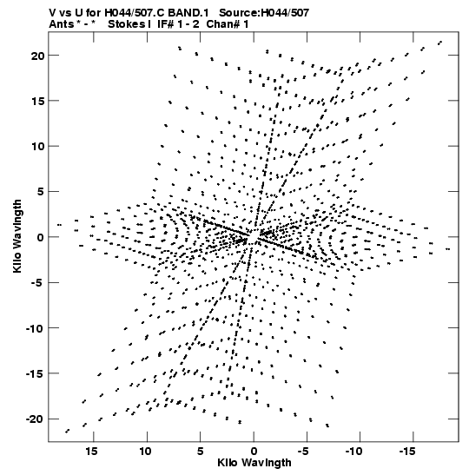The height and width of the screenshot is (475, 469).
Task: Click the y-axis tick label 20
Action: click(x=37, y=56)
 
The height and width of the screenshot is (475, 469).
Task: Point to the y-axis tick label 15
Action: click(x=37, y=102)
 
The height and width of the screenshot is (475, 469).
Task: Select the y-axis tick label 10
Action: click(x=37, y=147)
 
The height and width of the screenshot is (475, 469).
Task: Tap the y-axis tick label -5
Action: click(x=37, y=283)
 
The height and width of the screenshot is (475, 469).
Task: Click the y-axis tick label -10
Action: click(x=35, y=328)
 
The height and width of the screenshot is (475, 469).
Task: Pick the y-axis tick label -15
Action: click(x=35, y=373)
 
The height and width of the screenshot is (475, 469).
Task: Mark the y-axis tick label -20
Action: click(x=35, y=419)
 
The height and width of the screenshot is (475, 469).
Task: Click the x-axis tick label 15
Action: click(x=91, y=452)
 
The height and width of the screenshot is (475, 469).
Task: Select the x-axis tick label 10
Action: click(x=145, y=452)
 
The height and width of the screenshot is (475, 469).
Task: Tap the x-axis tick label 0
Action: click(x=254, y=452)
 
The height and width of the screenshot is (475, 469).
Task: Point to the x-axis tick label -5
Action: click(x=305, y=452)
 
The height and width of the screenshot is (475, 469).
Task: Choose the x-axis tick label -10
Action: click(x=354, y=452)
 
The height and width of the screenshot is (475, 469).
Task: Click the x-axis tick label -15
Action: click(x=408, y=452)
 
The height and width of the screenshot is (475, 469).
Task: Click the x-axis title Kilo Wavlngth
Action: click(x=254, y=463)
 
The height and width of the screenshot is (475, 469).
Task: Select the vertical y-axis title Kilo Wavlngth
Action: click(x=17, y=236)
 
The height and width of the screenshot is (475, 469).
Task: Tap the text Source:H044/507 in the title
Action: click(x=263, y=13)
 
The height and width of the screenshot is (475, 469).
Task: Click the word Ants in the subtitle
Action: click(x=62, y=24)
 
